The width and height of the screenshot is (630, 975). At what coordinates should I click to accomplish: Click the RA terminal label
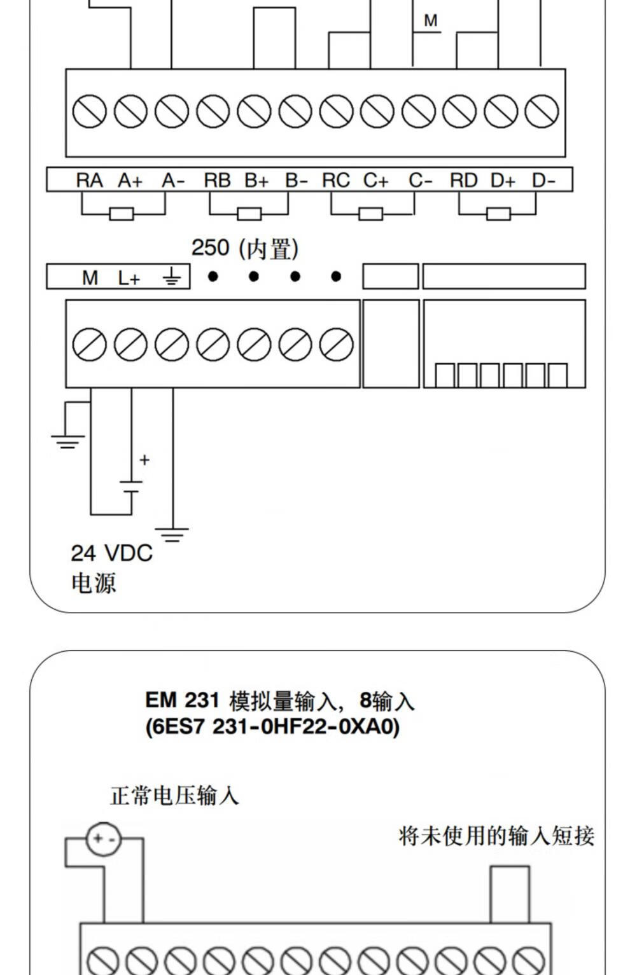(x=89, y=181)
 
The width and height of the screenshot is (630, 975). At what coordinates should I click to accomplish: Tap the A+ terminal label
(x=130, y=181)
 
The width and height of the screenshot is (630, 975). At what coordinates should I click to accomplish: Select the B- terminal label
(x=296, y=181)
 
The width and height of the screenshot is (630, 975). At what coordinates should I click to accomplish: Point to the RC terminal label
(x=336, y=181)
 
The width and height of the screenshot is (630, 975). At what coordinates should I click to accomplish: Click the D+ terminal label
(x=503, y=181)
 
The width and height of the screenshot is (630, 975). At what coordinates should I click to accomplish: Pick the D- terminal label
(x=543, y=181)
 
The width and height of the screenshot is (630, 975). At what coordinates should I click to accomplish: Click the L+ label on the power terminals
(x=129, y=278)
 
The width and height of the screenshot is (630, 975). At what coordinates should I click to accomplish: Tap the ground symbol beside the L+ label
(x=171, y=277)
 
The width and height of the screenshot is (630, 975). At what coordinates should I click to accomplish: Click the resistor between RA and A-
(x=122, y=214)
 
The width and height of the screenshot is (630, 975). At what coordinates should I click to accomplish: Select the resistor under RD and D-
(x=498, y=214)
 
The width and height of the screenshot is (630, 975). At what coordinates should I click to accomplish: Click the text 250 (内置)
(x=245, y=248)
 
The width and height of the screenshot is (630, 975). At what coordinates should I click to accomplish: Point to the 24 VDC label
(x=112, y=553)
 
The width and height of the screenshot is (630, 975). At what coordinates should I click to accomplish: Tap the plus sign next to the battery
(x=144, y=460)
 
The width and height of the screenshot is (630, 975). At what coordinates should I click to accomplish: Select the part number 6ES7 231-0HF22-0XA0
(x=272, y=726)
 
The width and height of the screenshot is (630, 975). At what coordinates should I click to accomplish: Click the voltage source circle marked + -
(x=103, y=839)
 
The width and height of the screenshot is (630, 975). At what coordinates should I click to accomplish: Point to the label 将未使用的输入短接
(x=496, y=836)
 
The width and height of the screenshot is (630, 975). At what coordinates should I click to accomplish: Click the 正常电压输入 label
(x=174, y=796)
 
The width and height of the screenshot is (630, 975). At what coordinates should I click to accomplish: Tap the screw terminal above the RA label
(x=89, y=112)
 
